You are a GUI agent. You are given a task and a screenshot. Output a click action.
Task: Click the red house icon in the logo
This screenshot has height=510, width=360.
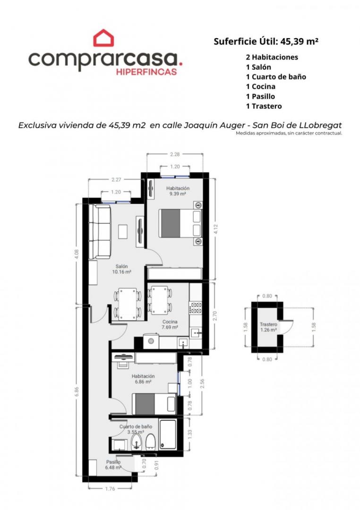pyautogui.click(x=103, y=38)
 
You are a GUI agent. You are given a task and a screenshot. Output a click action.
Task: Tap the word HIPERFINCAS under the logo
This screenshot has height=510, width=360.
pyautogui.click(x=146, y=72)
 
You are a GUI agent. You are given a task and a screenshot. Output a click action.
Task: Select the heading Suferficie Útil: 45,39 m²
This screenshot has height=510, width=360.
pyautogui.click(x=266, y=41)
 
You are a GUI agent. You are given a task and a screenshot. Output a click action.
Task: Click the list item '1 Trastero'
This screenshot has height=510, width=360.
pyautogui.click(x=264, y=106)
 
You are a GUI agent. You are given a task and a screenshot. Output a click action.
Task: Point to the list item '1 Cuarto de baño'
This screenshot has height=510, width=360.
pyautogui.click(x=276, y=77)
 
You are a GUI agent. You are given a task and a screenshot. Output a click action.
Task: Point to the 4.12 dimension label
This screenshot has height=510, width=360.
pyautogui.click(x=215, y=229)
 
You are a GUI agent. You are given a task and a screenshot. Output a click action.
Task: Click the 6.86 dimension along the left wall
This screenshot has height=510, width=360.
pyautogui.click(x=77, y=391)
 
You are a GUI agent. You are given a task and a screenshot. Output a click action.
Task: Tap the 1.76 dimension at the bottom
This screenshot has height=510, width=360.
pyautogui.click(x=110, y=489)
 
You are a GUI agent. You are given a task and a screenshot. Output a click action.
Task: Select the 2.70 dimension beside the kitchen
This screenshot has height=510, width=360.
pyautogui.click(x=214, y=316)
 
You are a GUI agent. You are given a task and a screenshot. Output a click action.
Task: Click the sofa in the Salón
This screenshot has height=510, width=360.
pyautogui.click(x=100, y=231)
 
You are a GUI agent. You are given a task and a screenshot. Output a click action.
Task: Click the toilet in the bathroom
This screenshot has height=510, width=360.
pyautogui.click(x=150, y=442)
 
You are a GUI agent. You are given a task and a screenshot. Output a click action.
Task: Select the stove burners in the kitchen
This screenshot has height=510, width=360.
pyautogui.click(x=196, y=308)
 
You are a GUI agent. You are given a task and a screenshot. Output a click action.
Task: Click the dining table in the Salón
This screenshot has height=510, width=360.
pyautogui.click(x=128, y=304)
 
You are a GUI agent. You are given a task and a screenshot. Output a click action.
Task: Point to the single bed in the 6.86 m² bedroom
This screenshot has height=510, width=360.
pyautogui.click(x=154, y=404)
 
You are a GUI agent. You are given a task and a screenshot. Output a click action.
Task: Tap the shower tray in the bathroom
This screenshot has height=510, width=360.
pyautogui.click(x=168, y=435)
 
